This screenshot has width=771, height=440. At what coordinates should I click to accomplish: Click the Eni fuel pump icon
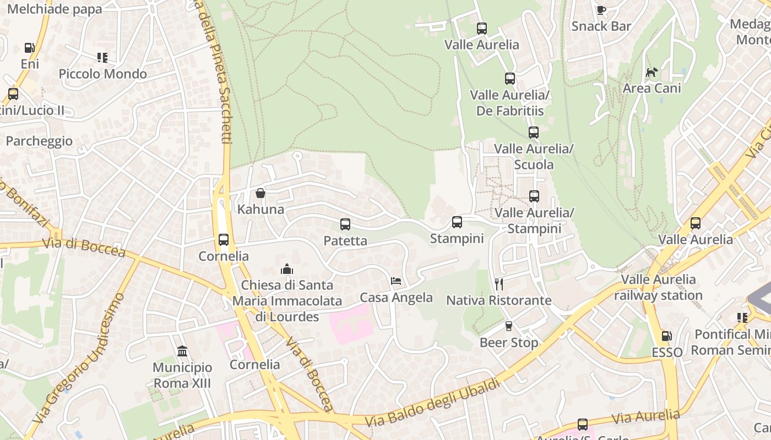[30, 48]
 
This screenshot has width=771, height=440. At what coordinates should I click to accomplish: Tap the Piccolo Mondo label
[102, 74]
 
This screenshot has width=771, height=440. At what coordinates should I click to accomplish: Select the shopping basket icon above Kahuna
[260, 193]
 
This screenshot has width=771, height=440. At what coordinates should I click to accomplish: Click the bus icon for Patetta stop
[345, 224]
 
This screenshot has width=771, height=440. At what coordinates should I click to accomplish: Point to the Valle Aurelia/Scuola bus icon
[533, 133]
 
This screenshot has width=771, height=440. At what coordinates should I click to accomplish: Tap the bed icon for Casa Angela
[396, 281]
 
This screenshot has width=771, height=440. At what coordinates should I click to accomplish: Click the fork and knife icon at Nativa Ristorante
[499, 284]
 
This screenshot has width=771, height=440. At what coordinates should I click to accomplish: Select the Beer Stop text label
[509, 343]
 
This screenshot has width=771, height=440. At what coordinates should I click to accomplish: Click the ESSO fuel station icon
[666, 335]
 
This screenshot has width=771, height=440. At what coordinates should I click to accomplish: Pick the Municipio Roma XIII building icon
[182, 351]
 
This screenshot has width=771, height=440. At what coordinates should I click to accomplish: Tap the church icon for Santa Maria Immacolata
[287, 269]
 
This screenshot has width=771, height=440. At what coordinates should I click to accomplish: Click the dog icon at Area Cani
[652, 72]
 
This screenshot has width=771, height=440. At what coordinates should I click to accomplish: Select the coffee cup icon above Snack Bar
[601, 10]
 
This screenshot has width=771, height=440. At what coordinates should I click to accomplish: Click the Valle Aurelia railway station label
[658, 287]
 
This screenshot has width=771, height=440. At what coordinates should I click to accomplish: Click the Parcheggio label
[39, 141]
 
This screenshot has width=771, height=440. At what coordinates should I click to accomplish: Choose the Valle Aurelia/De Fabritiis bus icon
[510, 79]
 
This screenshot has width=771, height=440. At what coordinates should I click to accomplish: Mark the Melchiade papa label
[55, 9]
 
